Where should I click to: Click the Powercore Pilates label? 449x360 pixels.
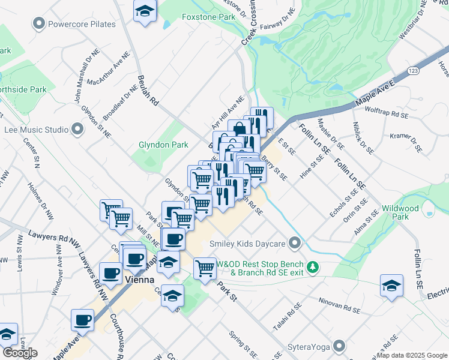(82, 25)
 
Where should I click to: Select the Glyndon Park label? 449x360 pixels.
(163, 145)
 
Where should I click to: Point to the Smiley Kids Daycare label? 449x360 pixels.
(247, 244)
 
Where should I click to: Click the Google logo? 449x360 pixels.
(20, 353)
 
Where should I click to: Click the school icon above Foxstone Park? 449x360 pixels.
(145, 12)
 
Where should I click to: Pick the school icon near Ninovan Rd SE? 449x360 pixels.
(391, 286)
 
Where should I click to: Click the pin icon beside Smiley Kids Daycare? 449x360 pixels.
(294, 244)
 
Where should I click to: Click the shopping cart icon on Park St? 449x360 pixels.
(205, 268)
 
